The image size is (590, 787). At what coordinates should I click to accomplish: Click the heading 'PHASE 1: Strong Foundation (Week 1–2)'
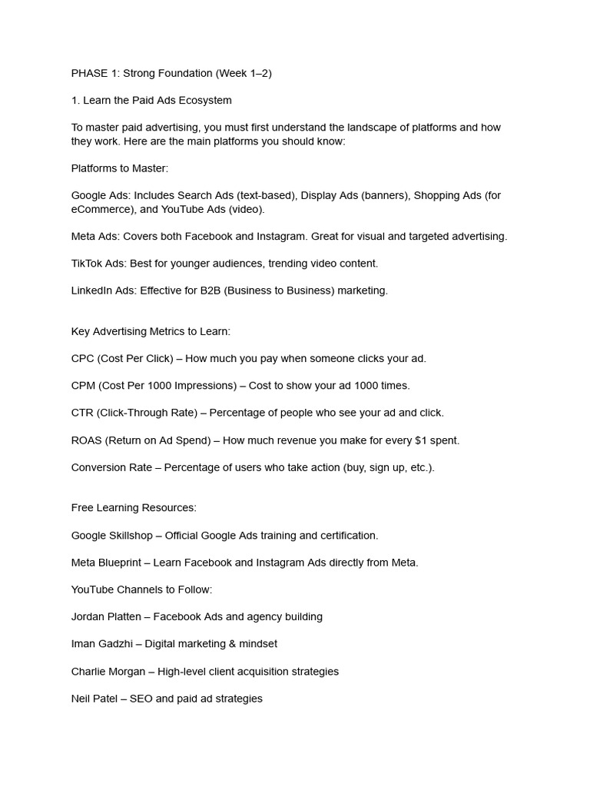click(x=171, y=73)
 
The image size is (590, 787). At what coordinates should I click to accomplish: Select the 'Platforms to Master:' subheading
click(x=119, y=168)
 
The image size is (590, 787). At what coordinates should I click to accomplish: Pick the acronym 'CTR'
click(x=82, y=413)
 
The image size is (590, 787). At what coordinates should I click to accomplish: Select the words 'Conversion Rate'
click(x=111, y=467)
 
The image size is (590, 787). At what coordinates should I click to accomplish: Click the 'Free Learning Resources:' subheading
click(x=134, y=507)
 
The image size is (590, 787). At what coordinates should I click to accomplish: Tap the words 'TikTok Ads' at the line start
click(x=98, y=264)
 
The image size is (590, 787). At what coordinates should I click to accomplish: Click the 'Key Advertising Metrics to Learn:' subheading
click(x=151, y=331)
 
